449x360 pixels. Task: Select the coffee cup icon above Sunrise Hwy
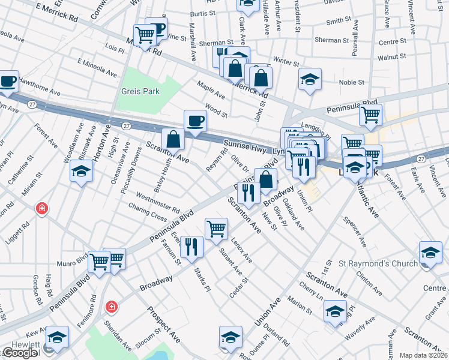(194, 121)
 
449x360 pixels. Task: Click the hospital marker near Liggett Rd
(42, 209)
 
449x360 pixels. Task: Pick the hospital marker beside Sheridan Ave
(111, 308)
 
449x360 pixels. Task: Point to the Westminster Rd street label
(158, 203)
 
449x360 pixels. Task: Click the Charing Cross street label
(147, 211)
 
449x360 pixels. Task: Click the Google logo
(20, 353)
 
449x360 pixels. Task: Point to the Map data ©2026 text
(424, 355)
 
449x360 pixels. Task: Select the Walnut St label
(393, 56)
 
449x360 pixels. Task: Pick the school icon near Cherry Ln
(334, 311)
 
